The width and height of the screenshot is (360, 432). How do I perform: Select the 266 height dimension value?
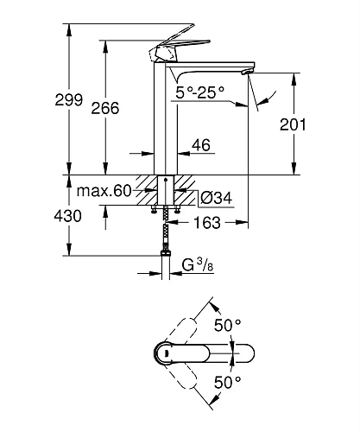click(x=104, y=108)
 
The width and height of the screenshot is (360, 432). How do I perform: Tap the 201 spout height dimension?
click(x=294, y=125)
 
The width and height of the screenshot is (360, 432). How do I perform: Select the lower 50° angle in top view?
click(x=226, y=381)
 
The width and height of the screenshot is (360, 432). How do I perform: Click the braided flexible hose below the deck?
click(x=165, y=230)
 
